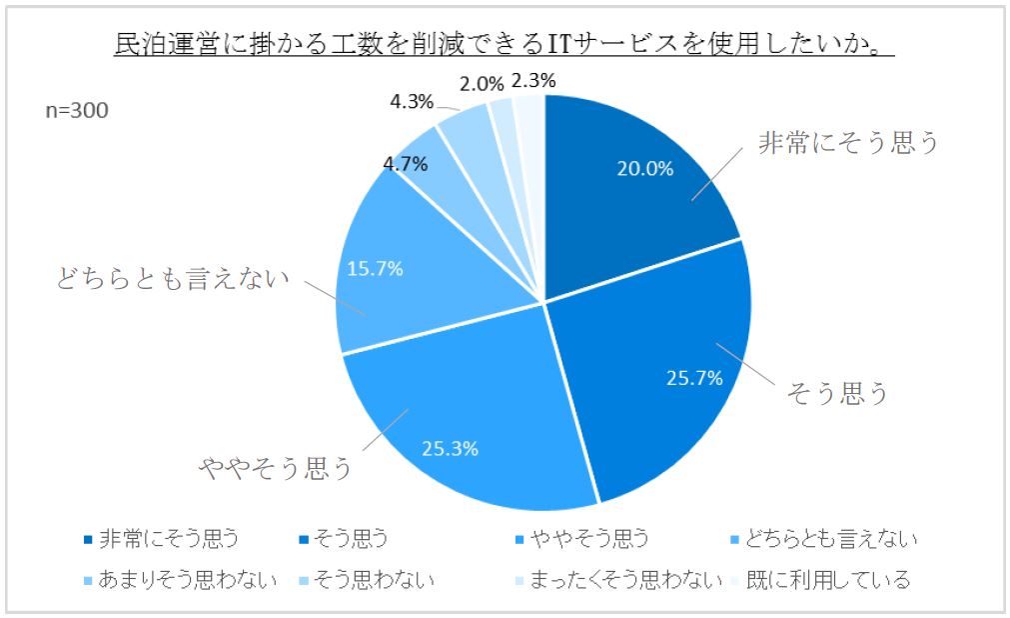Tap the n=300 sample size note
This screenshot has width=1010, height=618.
coord(77,110)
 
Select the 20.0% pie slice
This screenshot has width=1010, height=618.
coord(639,180)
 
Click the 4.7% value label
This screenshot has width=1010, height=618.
coord(404,162)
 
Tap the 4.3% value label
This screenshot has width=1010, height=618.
coord(411,101)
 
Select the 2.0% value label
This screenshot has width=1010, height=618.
coord(481,82)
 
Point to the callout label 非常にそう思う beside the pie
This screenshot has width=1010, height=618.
coord(850,143)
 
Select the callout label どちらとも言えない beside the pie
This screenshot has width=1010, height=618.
coord(172,278)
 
